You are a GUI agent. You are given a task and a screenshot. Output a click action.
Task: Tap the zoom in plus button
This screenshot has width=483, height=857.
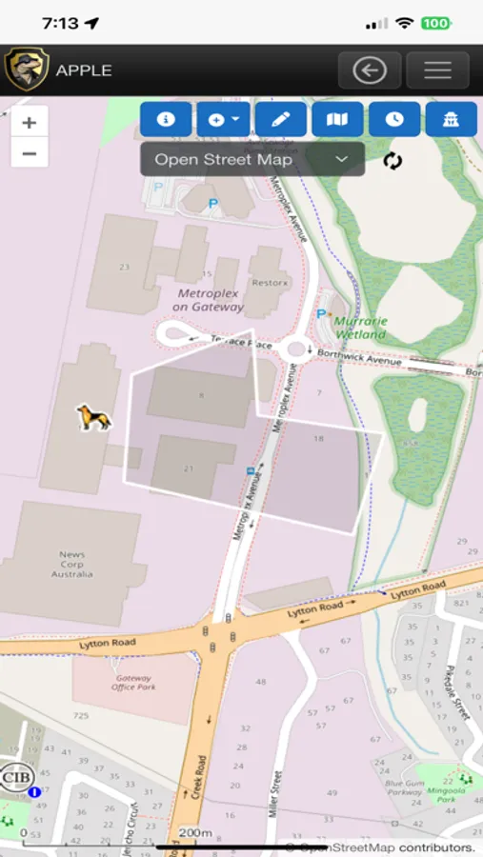29,122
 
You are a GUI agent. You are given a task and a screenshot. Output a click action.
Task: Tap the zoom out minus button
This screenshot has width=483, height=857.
29,152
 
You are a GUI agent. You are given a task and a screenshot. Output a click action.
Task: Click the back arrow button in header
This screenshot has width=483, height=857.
369,70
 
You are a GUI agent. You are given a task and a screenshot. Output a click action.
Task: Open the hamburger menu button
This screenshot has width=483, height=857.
437,70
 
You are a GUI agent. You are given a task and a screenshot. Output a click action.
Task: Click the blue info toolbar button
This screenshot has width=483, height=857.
166,120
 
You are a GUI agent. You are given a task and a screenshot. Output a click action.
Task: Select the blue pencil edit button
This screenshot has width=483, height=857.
280,120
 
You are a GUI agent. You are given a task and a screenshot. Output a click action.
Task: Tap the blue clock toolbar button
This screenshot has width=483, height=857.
394,120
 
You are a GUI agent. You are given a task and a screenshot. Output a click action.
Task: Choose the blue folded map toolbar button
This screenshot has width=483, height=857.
337,120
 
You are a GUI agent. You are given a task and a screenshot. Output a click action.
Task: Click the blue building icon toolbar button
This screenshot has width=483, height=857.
451,120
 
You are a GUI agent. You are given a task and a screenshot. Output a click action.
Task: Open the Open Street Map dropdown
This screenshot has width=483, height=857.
252,159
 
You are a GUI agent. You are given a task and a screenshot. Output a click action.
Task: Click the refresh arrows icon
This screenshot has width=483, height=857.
392,160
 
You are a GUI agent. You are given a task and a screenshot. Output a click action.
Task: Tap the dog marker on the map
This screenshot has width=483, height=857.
93,417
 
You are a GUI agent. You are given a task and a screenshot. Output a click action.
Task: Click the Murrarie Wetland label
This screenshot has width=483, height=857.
360,328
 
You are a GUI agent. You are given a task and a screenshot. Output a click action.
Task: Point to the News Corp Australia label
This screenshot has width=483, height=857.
72,564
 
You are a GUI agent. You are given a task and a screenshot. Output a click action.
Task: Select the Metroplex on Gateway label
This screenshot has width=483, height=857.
210,300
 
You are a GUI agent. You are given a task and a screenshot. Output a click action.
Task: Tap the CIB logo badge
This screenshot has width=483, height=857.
16,776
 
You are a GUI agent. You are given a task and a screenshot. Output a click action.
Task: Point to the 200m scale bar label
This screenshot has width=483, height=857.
195,833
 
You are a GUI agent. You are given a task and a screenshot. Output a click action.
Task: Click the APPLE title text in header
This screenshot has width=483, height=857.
84,70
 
